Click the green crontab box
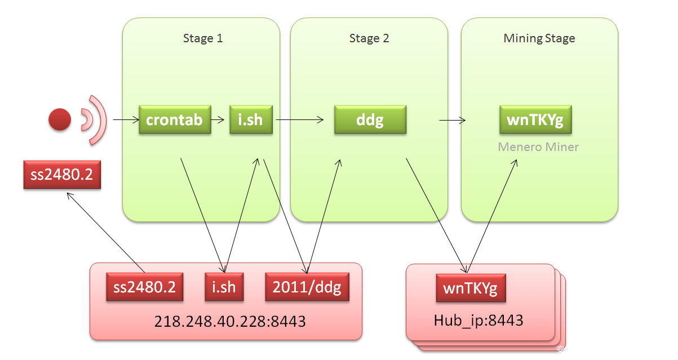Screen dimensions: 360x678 [175, 119]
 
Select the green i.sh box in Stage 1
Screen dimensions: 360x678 [251, 119]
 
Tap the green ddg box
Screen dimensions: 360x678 [370, 119]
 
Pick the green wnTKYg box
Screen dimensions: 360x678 [535, 119]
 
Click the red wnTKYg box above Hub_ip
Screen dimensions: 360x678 [471, 288]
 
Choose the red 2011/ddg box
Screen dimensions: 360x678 [307, 287]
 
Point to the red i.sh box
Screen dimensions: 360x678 [224, 287]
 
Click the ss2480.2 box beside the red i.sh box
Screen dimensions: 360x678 [145, 287]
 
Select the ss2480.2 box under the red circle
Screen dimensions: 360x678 [62, 175]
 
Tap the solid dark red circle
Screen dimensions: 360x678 [60, 119]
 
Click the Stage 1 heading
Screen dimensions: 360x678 [203, 38]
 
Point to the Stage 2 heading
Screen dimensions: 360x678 [369, 38]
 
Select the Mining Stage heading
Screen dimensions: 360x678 [539, 38]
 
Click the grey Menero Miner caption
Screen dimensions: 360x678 [538, 147]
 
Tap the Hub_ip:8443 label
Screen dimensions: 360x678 [478, 321]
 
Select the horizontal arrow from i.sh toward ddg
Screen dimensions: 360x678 [299, 119]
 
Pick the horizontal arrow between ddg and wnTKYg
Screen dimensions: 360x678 [452, 119]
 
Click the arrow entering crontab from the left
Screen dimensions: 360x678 [126, 119]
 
